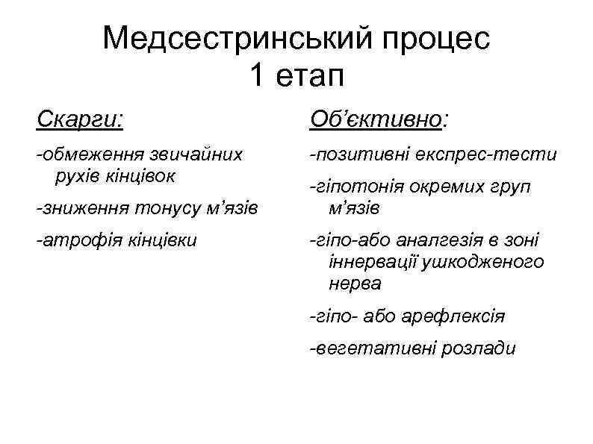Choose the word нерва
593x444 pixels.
click(x=354, y=284)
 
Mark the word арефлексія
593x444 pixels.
click(x=454, y=316)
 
